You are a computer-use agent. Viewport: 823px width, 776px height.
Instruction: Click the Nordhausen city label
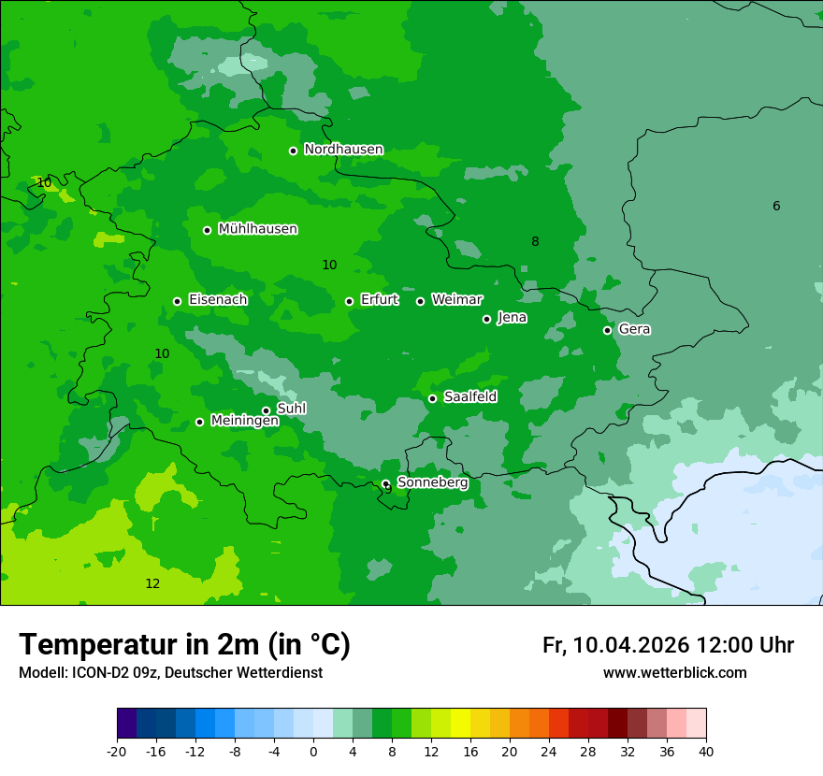(x=343, y=150)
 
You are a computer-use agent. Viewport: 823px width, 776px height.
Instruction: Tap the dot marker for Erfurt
(x=349, y=301)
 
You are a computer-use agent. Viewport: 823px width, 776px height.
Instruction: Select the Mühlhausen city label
(x=257, y=229)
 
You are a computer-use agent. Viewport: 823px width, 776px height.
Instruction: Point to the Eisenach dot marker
(x=177, y=301)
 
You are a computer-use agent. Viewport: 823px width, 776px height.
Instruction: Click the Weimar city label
(x=456, y=300)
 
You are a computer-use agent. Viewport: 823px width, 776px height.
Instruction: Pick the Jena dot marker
(x=486, y=319)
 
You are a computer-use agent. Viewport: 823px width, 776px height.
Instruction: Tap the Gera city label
(x=634, y=329)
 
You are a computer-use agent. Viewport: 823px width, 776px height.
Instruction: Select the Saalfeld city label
(x=469, y=397)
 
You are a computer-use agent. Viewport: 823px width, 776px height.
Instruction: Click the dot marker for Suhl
(x=266, y=410)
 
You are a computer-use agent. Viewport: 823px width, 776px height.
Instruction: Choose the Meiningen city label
(x=244, y=421)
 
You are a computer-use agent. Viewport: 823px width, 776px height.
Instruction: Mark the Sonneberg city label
(x=432, y=482)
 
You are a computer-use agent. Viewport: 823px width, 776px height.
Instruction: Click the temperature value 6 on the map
(x=776, y=207)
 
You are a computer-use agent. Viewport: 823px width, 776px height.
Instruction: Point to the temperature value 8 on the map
(x=535, y=242)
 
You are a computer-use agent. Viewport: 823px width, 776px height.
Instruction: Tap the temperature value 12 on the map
(x=152, y=584)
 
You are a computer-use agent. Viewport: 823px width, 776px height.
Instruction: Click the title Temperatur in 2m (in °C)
(x=184, y=645)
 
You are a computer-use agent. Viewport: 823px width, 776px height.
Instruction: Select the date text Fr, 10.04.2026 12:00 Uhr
(x=668, y=645)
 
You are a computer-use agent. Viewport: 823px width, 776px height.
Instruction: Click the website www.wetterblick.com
(x=674, y=673)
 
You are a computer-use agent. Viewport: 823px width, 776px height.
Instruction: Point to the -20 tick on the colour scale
(x=117, y=751)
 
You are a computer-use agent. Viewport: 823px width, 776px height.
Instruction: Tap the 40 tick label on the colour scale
(x=706, y=751)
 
